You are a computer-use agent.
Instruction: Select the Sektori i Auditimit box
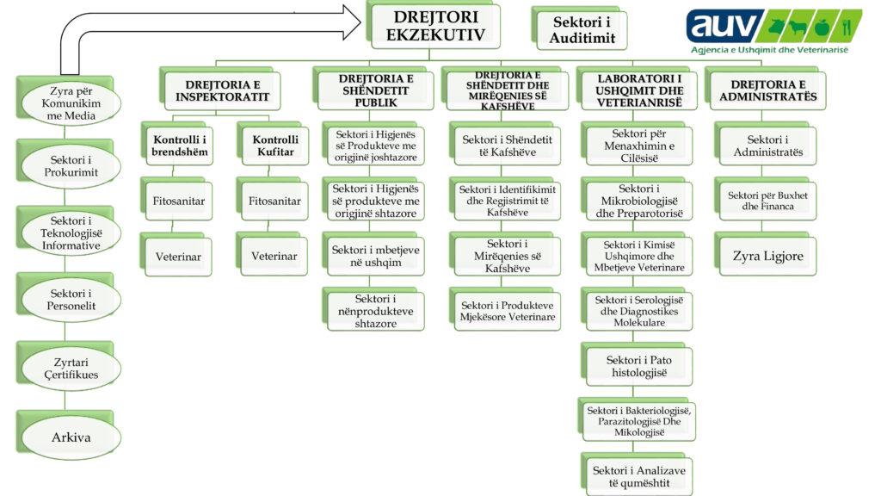(x=579, y=29)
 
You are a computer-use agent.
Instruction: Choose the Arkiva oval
(x=71, y=437)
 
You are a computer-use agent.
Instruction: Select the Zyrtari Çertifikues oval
(x=72, y=368)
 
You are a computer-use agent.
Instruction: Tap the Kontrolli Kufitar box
(x=274, y=146)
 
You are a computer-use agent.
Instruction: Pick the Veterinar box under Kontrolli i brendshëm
(x=178, y=256)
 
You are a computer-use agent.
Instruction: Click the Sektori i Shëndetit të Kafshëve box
(x=507, y=146)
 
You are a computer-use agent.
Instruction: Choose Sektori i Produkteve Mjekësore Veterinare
(x=507, y=311)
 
